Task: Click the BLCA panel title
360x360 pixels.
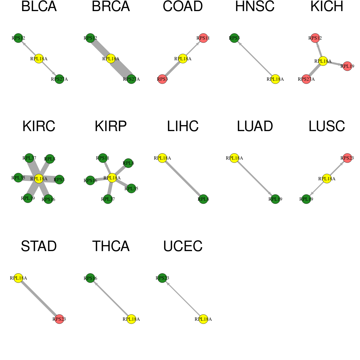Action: click(39, 7)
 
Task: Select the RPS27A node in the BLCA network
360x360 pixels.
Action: click(59, 79)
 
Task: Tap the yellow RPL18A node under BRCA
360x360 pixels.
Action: click(111, 58)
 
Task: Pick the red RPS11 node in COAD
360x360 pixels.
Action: click(203, 38)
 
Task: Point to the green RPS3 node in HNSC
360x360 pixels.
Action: click(234, 38)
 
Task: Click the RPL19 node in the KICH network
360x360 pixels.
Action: click(347, 66)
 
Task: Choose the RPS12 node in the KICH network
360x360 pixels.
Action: click(315, 38)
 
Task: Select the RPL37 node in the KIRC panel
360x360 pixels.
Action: click(29, 158)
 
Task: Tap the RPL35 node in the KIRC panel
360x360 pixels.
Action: click(18, 178)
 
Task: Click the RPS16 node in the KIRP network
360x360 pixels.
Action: click(90, 181)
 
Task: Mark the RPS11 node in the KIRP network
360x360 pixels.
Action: click(103, 158)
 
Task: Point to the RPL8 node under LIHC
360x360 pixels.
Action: click(203, 199)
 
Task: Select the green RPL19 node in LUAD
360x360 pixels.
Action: click(275, 199)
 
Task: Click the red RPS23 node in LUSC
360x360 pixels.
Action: click(347, 158)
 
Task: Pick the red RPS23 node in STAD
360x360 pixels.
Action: click(59, 319)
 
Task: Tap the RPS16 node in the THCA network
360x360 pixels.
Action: click(90, 278)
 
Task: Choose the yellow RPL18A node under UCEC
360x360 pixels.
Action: click(203, 319)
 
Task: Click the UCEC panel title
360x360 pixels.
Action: click(183, 246)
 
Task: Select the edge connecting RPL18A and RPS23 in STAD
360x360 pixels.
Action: click(39, 298)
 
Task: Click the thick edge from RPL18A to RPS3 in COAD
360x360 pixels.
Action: click(172, 69)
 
